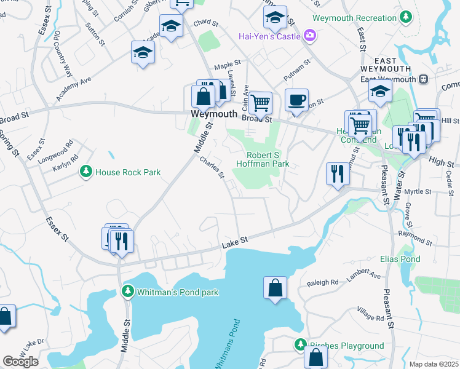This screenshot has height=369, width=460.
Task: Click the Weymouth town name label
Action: [213, 114]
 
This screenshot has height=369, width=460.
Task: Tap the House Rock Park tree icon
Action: [87, 172]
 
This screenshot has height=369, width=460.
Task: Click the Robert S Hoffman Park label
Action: [268, 159]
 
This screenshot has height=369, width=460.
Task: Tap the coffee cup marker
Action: [297, 100]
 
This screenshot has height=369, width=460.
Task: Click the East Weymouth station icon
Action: [423, 79]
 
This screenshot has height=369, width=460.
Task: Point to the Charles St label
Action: [212, 167]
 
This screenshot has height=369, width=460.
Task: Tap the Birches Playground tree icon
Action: [300, 346]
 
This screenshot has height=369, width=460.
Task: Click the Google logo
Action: [20, 362]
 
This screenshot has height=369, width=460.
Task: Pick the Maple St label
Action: [226, 66]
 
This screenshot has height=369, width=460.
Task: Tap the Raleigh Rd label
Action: [323, 283]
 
